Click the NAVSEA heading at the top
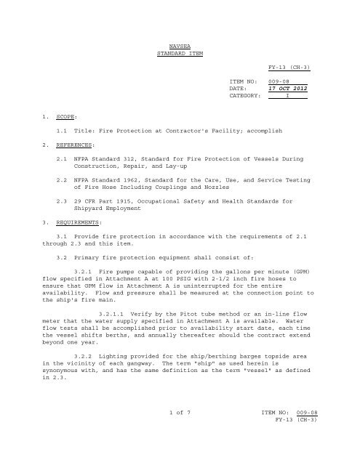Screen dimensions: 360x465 (179, 45)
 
